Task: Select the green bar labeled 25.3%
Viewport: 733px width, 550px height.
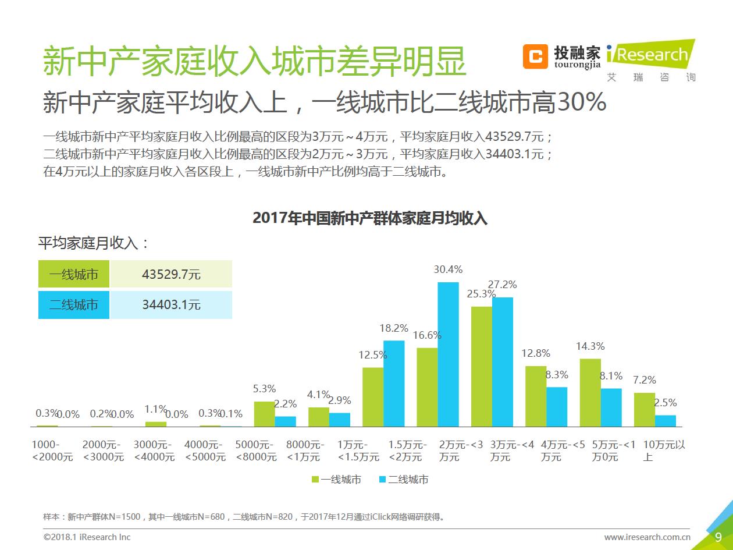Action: [x=481, y=366]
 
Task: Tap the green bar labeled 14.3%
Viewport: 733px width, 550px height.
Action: [x=590, y=392]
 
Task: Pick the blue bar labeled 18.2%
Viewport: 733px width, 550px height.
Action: [x=394, y=383]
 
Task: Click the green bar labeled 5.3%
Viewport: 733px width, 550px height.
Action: [x=264, y=414]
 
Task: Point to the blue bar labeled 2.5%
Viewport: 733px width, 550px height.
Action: [x=665, y=420]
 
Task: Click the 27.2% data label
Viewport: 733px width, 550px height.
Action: [x=502, y=285]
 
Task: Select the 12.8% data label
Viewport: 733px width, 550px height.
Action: [x=535, y=353]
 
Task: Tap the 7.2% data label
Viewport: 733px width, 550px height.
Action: [x=644, y=380]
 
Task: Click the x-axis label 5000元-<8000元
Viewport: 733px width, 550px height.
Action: [x=256, y=451]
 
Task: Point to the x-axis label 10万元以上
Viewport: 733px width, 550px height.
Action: [x=664, y=451]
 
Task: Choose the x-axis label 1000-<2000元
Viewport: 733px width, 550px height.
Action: [x=52, y=451]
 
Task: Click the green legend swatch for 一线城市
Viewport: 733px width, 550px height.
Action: [x=315, y=480]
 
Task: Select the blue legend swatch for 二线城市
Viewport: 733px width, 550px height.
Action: [x=382, y=480]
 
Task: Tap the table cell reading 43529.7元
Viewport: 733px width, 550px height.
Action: [x=171, y=274]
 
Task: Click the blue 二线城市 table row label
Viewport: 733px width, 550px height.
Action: [x=74, y=305]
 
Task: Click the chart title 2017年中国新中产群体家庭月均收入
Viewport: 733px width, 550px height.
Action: [x=370, y=218]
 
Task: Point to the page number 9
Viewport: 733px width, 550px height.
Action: [x=718, y=537]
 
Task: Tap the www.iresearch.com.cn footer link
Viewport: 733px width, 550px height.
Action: [x=647, y=537]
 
